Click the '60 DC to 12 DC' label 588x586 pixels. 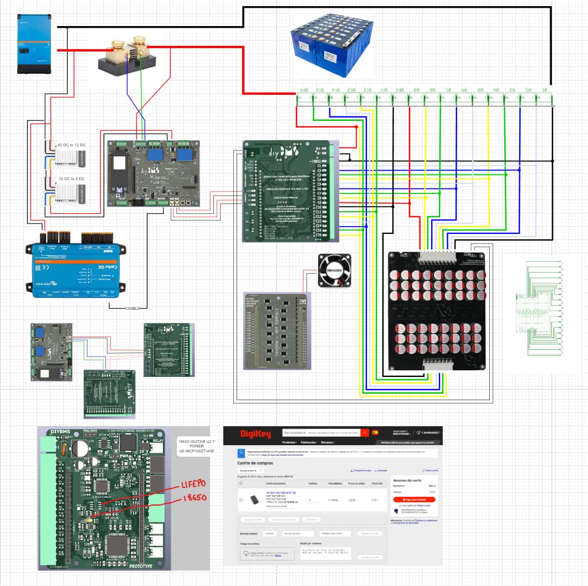[71, 145]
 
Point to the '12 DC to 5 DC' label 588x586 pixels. [71, 179]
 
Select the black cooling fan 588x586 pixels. [334, 270]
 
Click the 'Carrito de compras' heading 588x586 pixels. [258, 462]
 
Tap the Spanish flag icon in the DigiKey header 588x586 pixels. [375, 432]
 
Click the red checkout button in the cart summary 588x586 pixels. [415, 500]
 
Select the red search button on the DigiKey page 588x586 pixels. [365, 432]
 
